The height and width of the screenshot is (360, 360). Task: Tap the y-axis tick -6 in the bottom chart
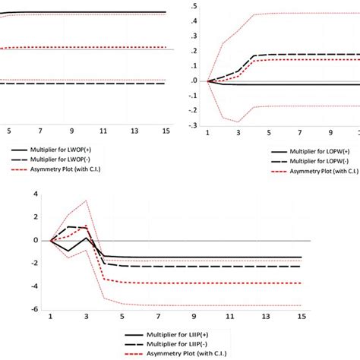coord(33,309)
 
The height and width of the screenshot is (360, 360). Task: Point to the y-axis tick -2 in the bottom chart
coord(33,263)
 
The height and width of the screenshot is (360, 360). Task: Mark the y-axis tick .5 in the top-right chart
coord(196,6)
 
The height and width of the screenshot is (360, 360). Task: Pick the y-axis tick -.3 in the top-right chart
coord(194,125)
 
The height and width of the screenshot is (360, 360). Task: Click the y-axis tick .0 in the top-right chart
coord(196,81)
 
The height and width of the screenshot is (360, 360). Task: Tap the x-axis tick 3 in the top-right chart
coord(238,134)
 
